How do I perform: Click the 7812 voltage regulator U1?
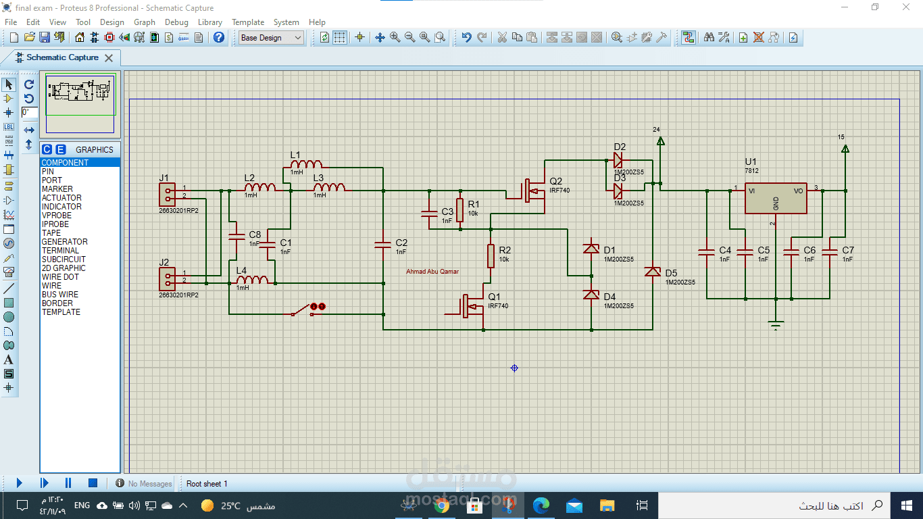tap(776, 198)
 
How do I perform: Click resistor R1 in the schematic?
tap(459, 210)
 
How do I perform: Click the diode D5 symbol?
tap(652, 271)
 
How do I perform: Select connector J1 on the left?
tap(167, 194)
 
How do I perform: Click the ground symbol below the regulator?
tap(776, 325)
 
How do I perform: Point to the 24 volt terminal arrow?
tap(660, 141)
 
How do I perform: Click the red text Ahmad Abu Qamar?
tap(432, 272)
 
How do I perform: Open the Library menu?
tap(209, 22)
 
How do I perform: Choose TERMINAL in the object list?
tap(60, 251)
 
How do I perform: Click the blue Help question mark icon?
tap(219, 38)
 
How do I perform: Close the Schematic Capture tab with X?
tap(109, 58)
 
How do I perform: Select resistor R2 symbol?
tap(491, 256)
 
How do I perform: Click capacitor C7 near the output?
tap(830, 252)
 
